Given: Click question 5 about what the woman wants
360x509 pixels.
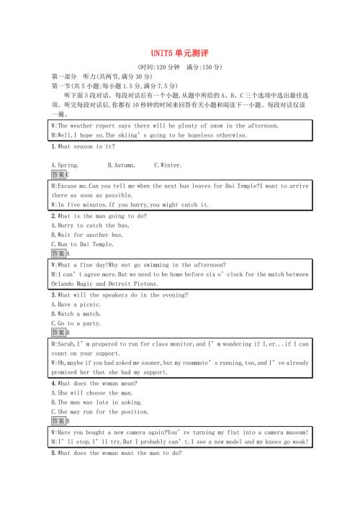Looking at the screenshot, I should [x=116, y=454].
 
